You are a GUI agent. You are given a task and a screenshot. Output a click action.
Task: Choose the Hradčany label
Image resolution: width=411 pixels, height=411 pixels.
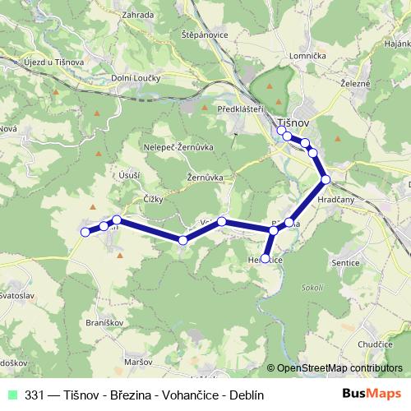click(x=335, y=199)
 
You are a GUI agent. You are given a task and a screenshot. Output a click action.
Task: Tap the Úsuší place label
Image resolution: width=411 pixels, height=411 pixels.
click(x=130, y=173)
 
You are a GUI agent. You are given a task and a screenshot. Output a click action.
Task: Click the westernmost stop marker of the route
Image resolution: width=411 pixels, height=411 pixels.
click(x=85, y=233)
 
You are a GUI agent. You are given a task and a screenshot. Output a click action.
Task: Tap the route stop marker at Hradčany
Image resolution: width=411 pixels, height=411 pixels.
click(x=326, y=179)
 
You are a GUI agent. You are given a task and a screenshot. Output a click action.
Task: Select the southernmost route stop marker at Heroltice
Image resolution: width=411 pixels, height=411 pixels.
click(x=265, y=259)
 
